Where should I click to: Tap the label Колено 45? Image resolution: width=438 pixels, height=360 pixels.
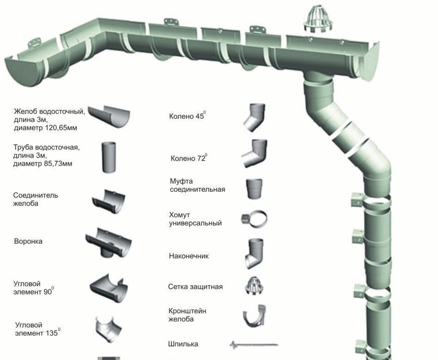pos(187,116)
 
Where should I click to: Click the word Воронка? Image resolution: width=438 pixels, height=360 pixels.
pos(28,241)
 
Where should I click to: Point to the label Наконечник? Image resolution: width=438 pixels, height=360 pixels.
pos(189,256)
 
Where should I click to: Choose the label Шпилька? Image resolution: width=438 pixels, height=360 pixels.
pos(183,344)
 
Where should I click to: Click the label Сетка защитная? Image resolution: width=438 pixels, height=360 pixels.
pos(195,287)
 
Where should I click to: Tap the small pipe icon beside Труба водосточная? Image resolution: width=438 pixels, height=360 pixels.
pos(109,158)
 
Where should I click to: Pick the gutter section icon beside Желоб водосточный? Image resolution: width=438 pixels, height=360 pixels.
pos(109,116)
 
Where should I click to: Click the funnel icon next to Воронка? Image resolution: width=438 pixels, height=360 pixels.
pos(109,242)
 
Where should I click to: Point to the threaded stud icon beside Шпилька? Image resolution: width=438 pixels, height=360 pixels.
pos(254,345)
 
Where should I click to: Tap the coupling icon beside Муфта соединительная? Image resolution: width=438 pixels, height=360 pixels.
pos(254,189)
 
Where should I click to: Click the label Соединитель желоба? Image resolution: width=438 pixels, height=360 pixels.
pos(36,199)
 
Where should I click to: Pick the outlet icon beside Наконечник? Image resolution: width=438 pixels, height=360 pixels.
pos(254,253)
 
